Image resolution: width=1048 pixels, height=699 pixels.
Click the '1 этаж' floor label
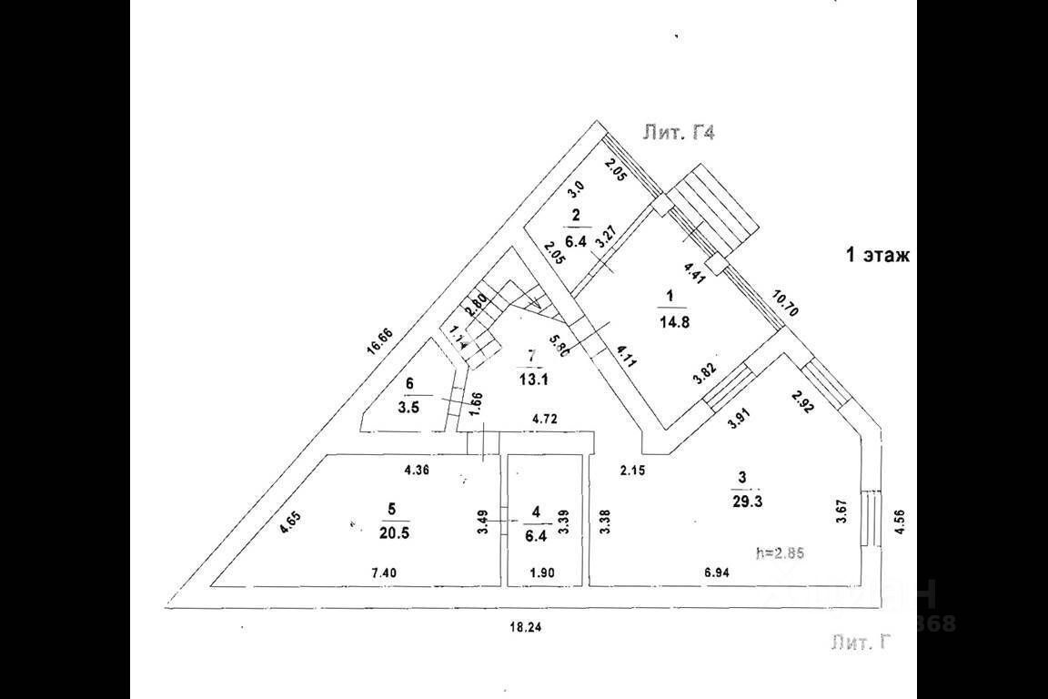point(878,256)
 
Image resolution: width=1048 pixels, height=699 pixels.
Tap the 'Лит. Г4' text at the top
point(680,133)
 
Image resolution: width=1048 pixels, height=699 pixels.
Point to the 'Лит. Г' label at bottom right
point(858,643)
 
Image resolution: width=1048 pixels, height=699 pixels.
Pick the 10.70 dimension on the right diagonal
point(785,304)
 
